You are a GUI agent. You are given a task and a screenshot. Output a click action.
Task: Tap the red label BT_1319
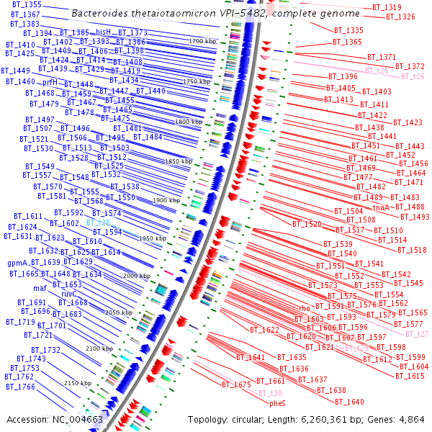tap(387, 7)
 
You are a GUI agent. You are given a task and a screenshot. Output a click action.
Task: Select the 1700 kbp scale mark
tap(202, 42)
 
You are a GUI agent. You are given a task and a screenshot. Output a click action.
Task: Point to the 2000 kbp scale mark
tap(136, 276)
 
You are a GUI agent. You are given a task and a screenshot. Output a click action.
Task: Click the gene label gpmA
tap(17, 263)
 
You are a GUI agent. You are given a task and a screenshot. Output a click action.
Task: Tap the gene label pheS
tap(277, 403)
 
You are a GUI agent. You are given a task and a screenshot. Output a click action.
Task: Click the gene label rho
tap(304, 308)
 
